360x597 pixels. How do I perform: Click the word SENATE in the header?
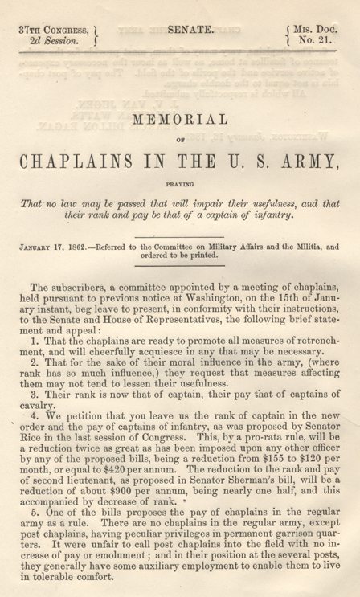190,29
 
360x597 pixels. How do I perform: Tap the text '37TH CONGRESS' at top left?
47,28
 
